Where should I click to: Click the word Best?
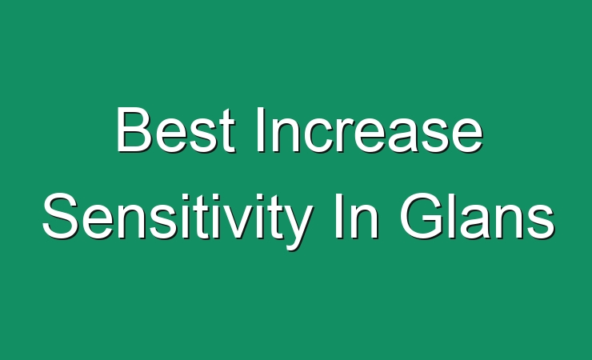tap(175, 130)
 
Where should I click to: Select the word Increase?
tap(370, 130)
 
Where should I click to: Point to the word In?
tap(357, 216)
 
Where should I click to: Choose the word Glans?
tap(478, 216)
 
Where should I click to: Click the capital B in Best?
tap(134, 130)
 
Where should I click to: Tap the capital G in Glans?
tap(422, 216)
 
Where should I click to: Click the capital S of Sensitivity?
tap(61, 216)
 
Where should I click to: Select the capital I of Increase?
tap(260, 130)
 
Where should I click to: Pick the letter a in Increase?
tap(407, 135)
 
